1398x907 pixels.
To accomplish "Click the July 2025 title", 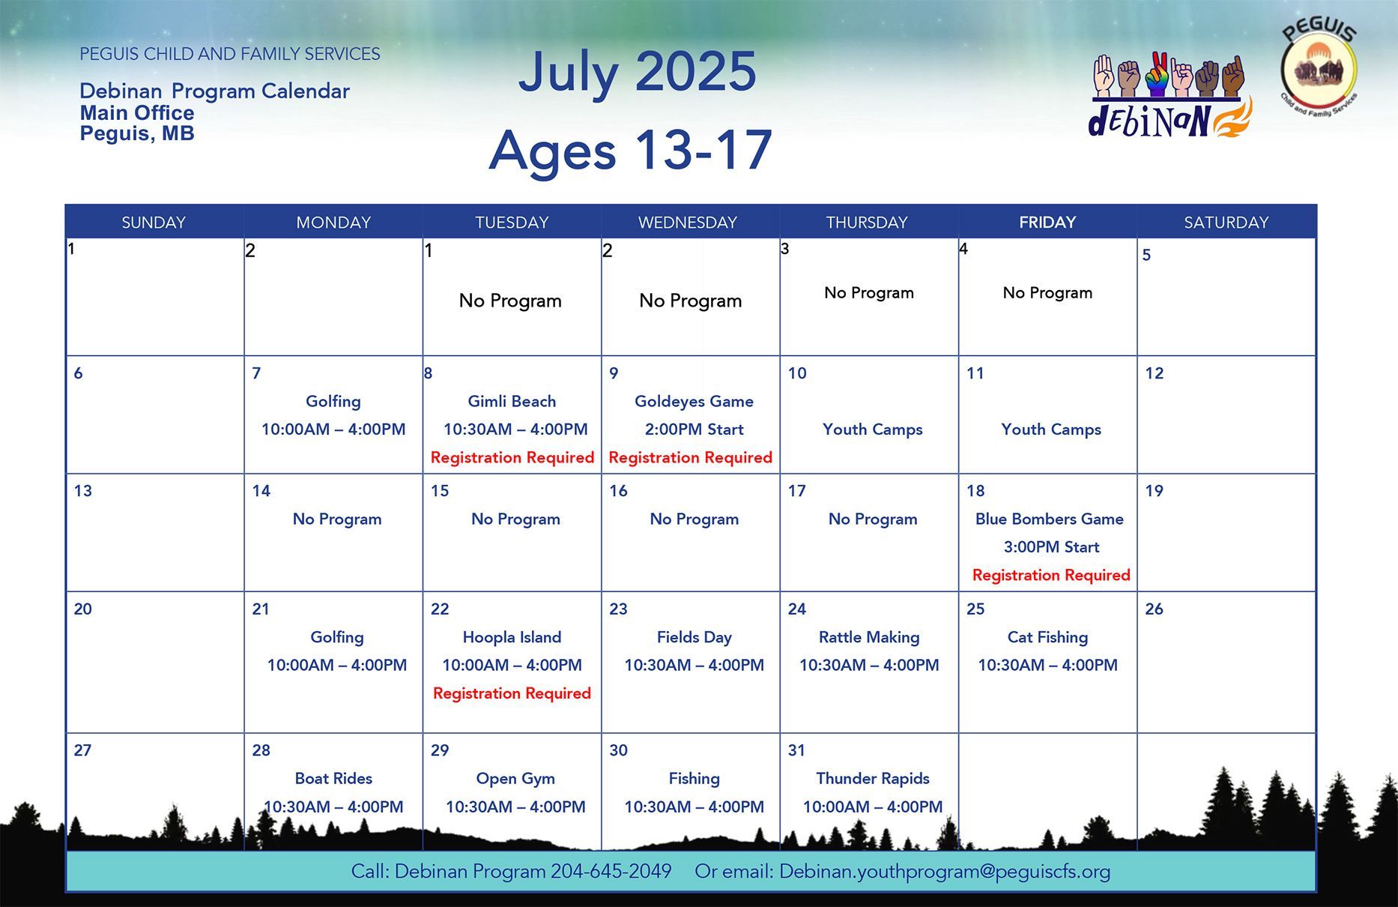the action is pyautogui.click(x=637, y=73).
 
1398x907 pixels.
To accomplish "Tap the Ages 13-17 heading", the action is pyautogui.click(x=630, y=150).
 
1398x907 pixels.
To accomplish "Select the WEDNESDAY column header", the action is pyautogui.click(x=688, y=223).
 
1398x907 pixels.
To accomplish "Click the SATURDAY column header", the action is pyautogui.click(x=1226, y=223).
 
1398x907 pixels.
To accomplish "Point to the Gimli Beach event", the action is pyautogui.click(x=512, y=401).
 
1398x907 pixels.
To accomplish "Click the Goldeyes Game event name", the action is pyautogui.click(x=694, y=401).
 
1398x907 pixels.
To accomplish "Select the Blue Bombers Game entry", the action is pyautogui.click(x=1049, y=519).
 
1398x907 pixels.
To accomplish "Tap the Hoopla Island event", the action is pyautogui.click(x=512, y=637).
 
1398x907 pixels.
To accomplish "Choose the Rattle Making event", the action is pyautogui.click(x=869, y=637).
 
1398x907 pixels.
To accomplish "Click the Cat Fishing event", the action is pyautogui.click(x=1047, y=637).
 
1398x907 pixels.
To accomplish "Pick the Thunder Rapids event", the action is pyautogui.click(x=873, y=778).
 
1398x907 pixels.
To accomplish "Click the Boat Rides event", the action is pyautogui.click(x=333, y=778).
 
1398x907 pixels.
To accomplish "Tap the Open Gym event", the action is pyautogui.click(x=515, y=778).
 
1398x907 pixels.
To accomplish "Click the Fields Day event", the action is pyautogui.click(x=694, y=637).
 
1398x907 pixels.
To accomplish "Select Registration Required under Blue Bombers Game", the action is pyautogui.click(x=1051, y=575).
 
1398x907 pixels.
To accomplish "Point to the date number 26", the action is pyautogui.click(x=1154, y=609).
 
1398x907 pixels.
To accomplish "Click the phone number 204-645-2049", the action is pyautogui.click(x=611, y=871).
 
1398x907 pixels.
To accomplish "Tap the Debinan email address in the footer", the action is pyautogui.click(x=945, y=871).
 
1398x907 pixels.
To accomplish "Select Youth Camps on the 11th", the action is pyautogui.click(x=1051, y=430).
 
